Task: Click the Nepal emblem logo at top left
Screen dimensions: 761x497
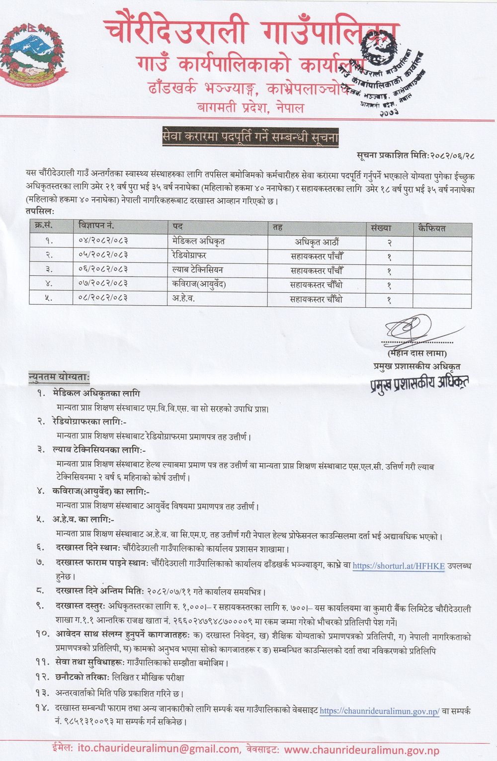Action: [33, 55]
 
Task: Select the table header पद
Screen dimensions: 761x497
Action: [178, 227]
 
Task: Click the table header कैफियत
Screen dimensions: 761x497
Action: [432, 228]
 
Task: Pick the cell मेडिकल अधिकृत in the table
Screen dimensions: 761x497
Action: [195, 242]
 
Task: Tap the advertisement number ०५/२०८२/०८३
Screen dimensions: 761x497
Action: [103, 255]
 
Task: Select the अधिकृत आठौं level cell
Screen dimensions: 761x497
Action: [317, 242]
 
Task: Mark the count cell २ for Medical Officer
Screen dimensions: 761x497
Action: [389, 243]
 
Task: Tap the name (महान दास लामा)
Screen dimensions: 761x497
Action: [417, 354]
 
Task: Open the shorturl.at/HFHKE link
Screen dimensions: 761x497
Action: [399, 566]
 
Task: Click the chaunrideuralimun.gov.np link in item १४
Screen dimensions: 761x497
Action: [379, 711]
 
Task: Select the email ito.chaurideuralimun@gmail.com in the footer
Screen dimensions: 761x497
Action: [159, 749]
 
